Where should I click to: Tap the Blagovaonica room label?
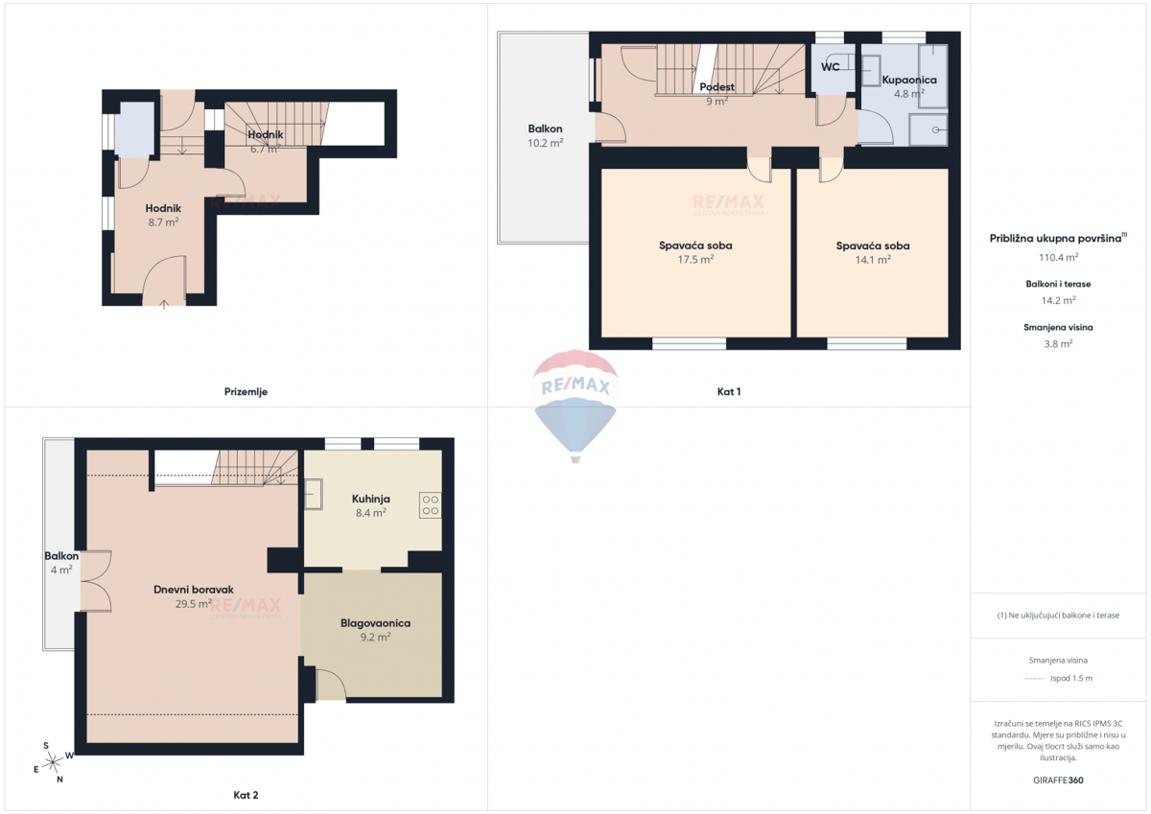tap(375, 623)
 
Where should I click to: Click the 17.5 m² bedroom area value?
tap(695, 260)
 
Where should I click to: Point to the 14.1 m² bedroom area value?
tap(873, 260)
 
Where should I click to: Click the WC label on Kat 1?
tap(831, 67)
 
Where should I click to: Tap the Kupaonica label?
tap(908, 81)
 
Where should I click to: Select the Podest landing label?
tap(716, 87)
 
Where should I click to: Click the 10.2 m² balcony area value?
tap(545, 143)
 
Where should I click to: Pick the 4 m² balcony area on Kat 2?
tap(60, 570)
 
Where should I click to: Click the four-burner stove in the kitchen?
tap(430, 505)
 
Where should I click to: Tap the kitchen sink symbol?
tap(313, 496)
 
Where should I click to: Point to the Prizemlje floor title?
tap(246, 391)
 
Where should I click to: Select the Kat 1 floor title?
tap(729, 391)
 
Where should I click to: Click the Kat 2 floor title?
tap(246, 795)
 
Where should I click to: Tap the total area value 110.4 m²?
tap(1058, 257)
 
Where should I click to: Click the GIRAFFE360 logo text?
tap(1058, 780)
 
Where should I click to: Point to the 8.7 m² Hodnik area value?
tap(162, 221)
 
